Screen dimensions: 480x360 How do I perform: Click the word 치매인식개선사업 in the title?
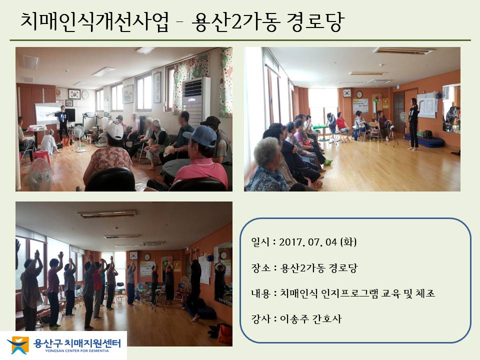(x=94, y=22)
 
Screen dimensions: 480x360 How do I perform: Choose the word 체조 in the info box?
(x=425, y=293)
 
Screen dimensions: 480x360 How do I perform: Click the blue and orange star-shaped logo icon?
(x=18, y=345)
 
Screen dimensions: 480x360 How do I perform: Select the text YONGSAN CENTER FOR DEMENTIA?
(x=77, y=351)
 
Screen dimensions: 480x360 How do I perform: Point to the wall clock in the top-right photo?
(x=359, y=94)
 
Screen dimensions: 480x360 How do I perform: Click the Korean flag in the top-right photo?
(x=347, y=93)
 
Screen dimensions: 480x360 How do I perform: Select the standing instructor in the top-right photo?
(x=413, y=124)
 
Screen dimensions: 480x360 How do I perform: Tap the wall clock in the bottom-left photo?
(x=147, y=257)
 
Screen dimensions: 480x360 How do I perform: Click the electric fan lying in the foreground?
(x=38, y=174)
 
